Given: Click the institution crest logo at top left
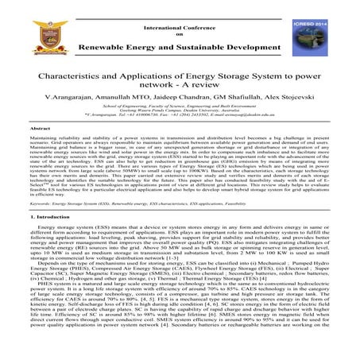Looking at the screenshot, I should [x=22, y=23].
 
